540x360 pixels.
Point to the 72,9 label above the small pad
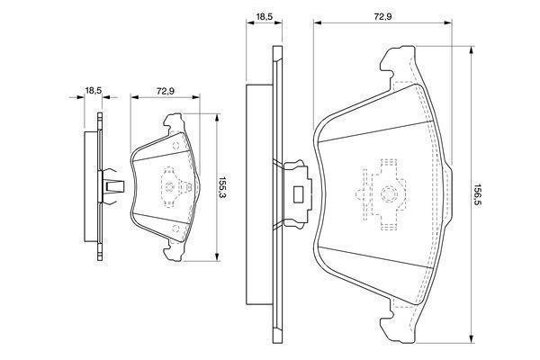tap(166, 90)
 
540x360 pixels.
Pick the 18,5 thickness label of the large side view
tap(263, 16)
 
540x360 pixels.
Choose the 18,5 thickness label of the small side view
tap(93, 90)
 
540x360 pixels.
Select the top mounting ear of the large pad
tap(396, 65)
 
